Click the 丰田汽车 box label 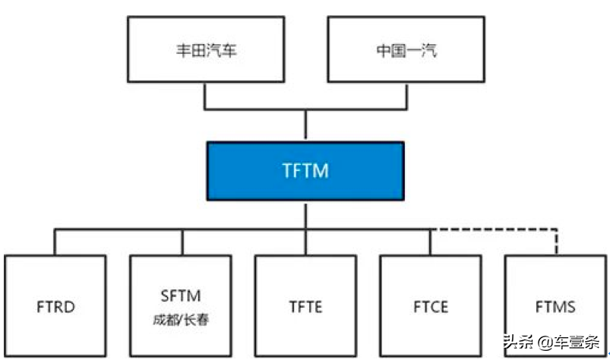206,51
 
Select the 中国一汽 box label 406,51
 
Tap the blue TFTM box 305,171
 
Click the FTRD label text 55,307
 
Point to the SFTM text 181,296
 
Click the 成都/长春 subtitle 181,320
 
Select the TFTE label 306,307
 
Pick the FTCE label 431,307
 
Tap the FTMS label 555,307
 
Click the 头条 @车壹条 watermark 552,342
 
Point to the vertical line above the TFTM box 306,125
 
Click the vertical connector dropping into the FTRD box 55,242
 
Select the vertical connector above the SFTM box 182,242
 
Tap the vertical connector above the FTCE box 430,242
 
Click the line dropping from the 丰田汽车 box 204,96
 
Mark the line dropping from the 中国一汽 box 406,96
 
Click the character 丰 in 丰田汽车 183,51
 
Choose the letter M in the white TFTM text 321,171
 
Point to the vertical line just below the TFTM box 306,215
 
